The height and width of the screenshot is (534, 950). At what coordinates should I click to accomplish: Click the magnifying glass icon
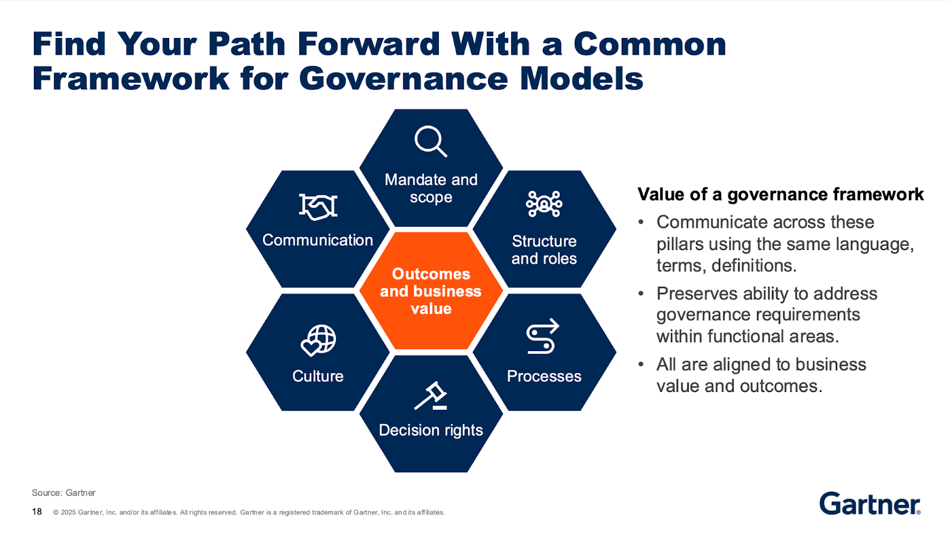[430, 141]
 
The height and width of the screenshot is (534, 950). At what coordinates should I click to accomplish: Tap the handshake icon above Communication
[318, 207]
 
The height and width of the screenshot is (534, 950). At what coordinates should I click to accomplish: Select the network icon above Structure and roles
[544, 204]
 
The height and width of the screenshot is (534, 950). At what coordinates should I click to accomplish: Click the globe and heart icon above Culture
[318, 340]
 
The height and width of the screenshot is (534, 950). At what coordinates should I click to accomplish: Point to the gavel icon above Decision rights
[431, 396]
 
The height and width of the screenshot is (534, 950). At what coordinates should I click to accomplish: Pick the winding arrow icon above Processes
[543, 336]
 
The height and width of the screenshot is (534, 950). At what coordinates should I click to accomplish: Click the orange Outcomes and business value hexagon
[431, 291]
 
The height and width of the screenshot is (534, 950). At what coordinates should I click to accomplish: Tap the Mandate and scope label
[431, 188]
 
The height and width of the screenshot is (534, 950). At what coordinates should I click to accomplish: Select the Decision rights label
[431, 430]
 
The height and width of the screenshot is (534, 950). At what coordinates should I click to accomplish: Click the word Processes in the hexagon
[544, 376]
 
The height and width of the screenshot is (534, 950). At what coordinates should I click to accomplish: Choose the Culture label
[318, 376]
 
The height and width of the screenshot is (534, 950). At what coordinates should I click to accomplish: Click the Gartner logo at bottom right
[870, 504]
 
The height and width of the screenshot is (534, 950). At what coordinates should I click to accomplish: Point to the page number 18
[37, 511]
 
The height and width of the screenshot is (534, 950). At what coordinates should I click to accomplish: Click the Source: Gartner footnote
[64, 492]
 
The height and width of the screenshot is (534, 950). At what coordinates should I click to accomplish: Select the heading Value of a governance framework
[780, 194]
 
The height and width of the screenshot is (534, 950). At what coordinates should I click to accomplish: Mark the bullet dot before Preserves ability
[641, 293]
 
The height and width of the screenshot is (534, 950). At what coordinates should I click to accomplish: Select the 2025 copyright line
[249, 512]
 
